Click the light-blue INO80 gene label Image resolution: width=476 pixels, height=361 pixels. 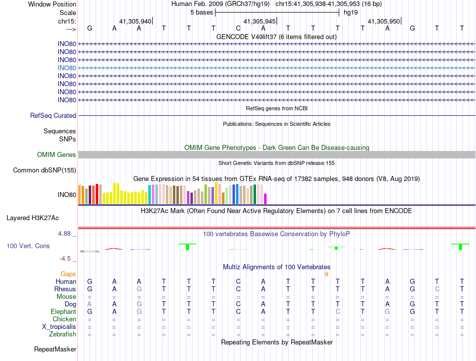coord(67,68)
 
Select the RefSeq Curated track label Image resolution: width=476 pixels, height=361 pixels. coord(53,115)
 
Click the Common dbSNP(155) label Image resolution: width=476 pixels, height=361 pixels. coord(44,170)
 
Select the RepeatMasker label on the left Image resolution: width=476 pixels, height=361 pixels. coord(55,349)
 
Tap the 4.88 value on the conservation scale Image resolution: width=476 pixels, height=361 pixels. coord(67,234)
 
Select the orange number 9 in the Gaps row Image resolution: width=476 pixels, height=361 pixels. coord(326,274)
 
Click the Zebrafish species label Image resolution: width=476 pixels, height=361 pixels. coord(63,334)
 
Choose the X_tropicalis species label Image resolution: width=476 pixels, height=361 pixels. coord(59,326)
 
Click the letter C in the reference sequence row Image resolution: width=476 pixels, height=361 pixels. coord(239,28)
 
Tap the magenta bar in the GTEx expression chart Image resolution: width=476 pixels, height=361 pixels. coord(266,199)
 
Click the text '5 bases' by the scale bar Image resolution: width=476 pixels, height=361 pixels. coord(202,13)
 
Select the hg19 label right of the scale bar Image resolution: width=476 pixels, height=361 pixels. coord(351,13)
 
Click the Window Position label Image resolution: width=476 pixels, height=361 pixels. coord(52,4)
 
